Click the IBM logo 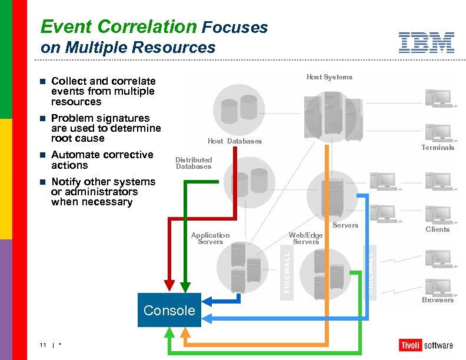click(426, 42)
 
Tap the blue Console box click(169, 310)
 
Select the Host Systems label click(329, 77)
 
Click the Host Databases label click(235, 141)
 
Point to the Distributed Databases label click(194, 163)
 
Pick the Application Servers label click(210, 238)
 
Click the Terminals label click(438, 148)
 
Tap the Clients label click(437, 229)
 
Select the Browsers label click(438, 300)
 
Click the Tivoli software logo click(426, 345)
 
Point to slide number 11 click(43, 345)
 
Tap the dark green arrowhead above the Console click(184, 285)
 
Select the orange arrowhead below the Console click(185, 334)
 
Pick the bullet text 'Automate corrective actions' click(102, 160)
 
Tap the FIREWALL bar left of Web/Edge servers click(287, 271)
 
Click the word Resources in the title click(182, 47)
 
